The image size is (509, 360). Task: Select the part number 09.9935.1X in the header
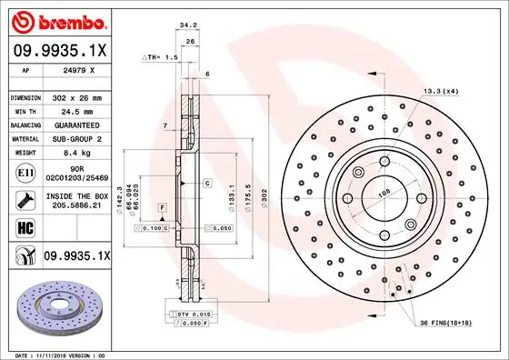pyautogui.click(x=59, y=52)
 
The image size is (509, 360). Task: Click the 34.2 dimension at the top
pyautogui.click(x=187, y=26)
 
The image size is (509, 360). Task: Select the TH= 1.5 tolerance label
pyautogui.click(x=162, y=56)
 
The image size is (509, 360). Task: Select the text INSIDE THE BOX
pyautogui.click(x=77, y=196)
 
